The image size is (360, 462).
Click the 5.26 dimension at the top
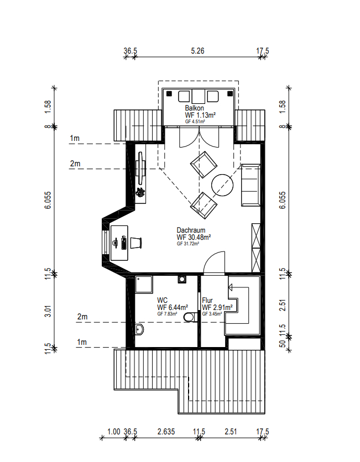pos(197,51)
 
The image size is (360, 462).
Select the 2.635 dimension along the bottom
pos(166,432)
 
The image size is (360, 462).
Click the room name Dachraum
pos(191,230)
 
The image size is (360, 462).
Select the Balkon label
pos(195,108)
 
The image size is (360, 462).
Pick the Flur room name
pos(207,301)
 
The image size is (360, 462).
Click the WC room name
pos(162,300)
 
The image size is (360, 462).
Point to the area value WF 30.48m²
pos(194,237)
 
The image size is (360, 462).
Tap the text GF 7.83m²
pos(167,314)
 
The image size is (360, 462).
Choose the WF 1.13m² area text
pos(200,115)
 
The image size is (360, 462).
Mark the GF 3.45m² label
pos(212,314)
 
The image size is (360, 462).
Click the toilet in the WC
pos(190,317)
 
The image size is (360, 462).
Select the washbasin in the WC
pos(139,330)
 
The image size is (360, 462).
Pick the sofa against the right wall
pos(251,185)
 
